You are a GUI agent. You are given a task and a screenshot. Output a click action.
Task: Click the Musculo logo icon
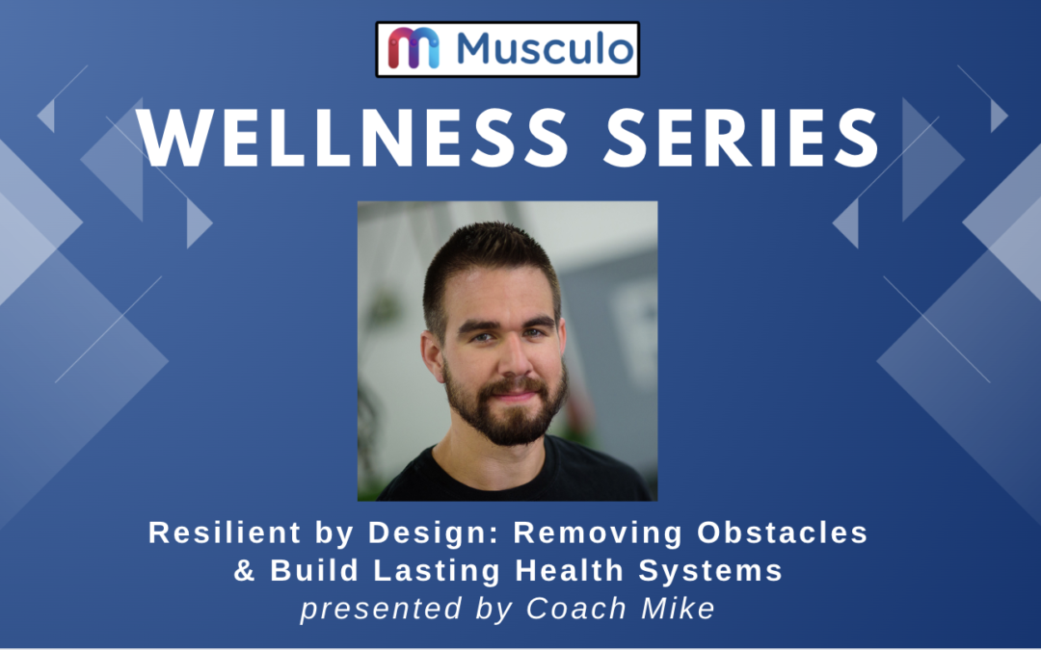click(414, 48)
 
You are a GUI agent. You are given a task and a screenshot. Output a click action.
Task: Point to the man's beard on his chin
click(509, 424)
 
